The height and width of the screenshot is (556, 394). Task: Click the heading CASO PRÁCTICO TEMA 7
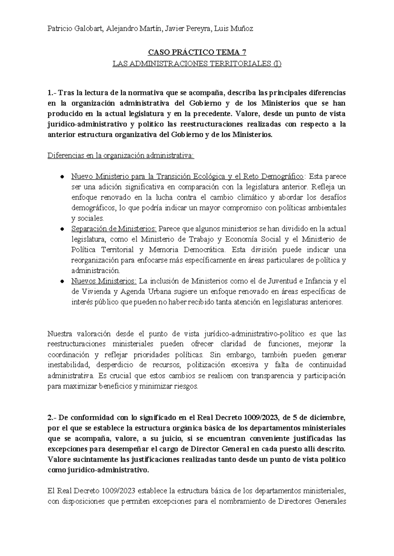[x=197, y=52]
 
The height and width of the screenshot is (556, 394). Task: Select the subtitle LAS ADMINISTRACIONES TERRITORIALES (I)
[x=197, y=64]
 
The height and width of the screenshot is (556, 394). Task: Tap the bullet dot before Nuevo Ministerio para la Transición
[x=62, y=177]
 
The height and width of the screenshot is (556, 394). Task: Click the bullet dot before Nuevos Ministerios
[x=62, y=281]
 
